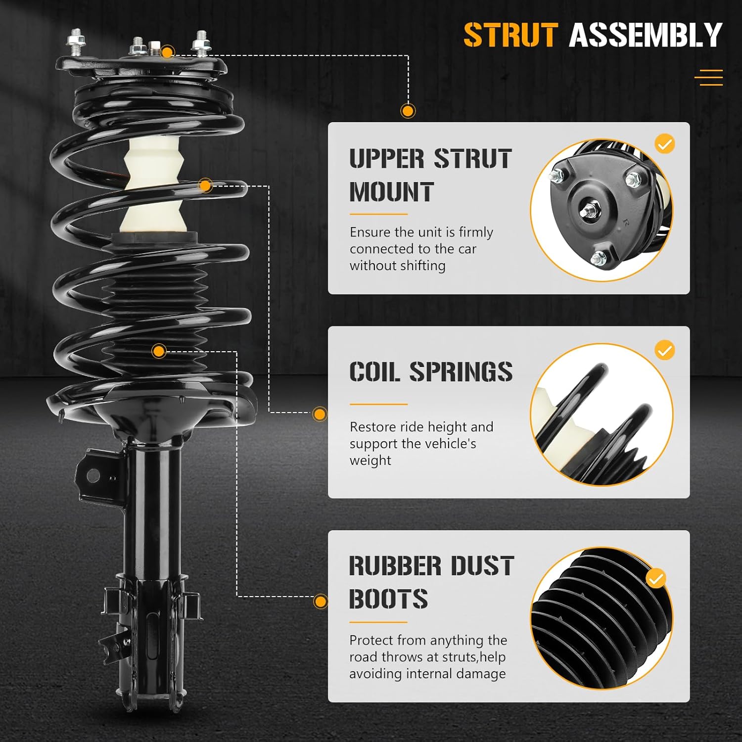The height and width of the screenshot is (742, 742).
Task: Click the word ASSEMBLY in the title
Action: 646,35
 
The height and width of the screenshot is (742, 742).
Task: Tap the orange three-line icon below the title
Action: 708,78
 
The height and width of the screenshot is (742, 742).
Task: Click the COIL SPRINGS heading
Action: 430,371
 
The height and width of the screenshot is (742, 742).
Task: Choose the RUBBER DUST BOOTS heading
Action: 431,582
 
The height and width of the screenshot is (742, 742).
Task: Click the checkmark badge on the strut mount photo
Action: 664,144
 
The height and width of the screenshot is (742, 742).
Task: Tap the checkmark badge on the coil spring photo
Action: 664,350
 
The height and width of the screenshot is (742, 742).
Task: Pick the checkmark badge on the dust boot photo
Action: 656,578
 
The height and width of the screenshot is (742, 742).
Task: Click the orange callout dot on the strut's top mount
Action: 168,52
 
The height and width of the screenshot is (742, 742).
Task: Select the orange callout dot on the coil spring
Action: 205,186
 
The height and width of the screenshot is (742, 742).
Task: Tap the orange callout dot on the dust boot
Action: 159,351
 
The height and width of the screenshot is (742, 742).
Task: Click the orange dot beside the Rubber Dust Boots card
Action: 321,602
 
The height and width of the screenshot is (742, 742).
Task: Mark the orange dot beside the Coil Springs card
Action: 320,414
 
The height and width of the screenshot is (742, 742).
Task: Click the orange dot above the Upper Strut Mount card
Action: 408,111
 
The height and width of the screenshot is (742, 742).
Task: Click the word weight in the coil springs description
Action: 370,461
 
